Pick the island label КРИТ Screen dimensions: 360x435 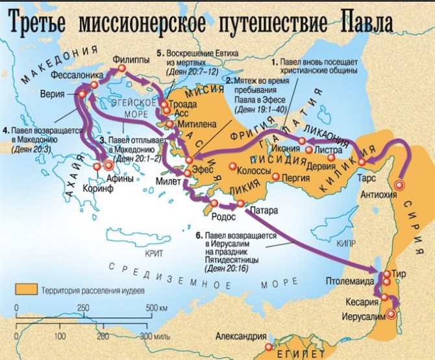click(x=155, y=251)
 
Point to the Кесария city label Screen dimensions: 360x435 click(x=362, y=303)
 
